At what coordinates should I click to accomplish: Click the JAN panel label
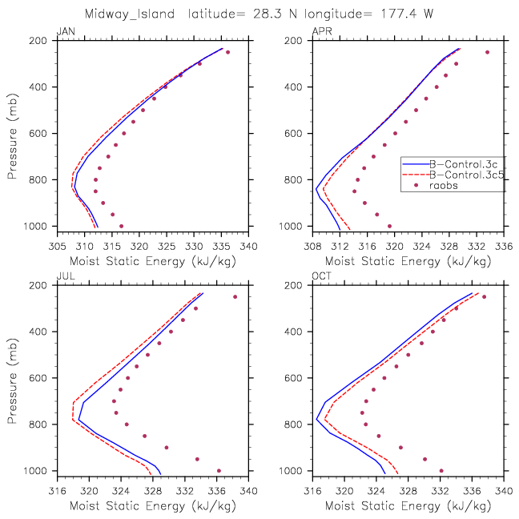tap(64, 31)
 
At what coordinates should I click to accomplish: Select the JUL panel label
tap(63, 276)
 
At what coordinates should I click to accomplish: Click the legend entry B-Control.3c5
tap(465, 175)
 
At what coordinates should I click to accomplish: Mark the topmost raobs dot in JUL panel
tap(235, 296)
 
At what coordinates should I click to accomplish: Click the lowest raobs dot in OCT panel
tap(441, 470)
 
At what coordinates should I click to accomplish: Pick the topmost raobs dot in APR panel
tap(487, 52)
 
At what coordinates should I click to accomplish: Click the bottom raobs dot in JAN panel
tap(121, 226)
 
